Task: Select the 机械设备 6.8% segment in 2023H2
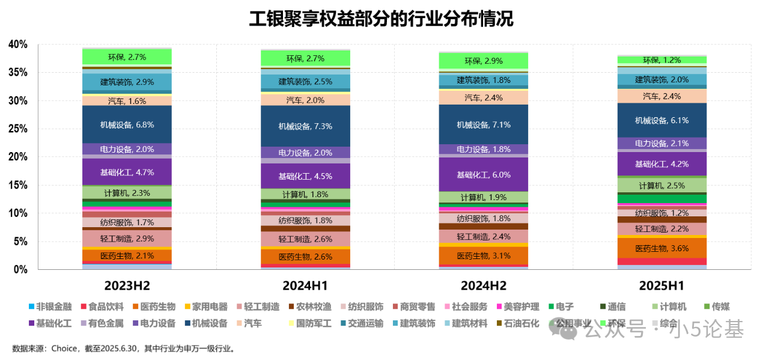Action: tap(127, 124)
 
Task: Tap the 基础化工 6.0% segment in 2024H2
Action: tap(484, 174)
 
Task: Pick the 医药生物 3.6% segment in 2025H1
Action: tap(662, 248)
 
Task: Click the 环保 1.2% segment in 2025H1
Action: tap(662, 59)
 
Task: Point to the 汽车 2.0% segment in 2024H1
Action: tap(305, 100)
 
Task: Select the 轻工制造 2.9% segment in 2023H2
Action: tap(127, 239)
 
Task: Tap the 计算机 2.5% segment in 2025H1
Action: tap(662, 186)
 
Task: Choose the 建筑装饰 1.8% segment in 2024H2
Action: tap(484, 80)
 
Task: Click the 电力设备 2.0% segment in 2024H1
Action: tap(305, 153)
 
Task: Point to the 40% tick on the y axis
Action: tap(18, 44)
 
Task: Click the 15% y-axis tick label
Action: tap(18, 185)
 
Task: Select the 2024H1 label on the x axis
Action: tap(305, 285)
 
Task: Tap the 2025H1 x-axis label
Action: tap(662, 285)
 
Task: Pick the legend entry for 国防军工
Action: tap(314, 323)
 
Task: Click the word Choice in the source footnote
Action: tap(64, 348)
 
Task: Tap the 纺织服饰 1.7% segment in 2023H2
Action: tap(127, 222)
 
